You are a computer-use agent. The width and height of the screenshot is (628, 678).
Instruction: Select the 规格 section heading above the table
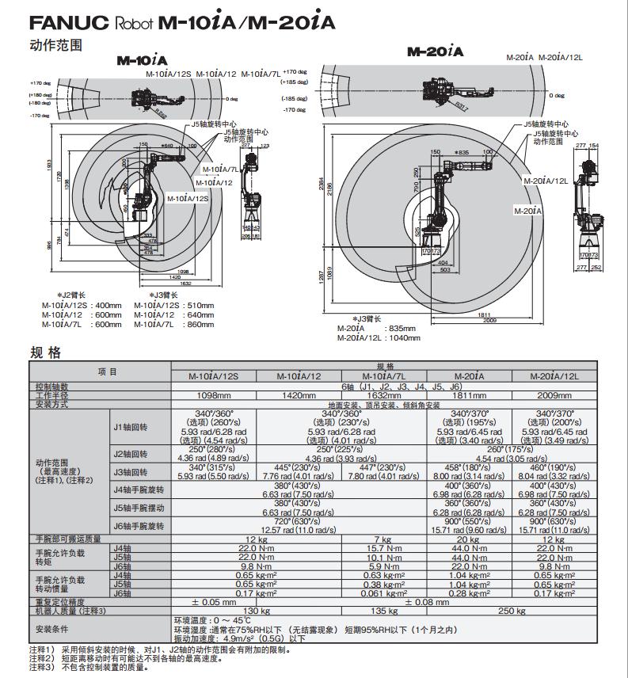[x=45, y=352]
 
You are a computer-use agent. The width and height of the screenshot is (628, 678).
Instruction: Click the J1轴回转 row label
[x=131, y=428]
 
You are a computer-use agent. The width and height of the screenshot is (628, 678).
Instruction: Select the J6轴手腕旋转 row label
[x=139, y=525]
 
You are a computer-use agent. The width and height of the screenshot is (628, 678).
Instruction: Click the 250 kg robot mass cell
[x=510, y=611]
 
